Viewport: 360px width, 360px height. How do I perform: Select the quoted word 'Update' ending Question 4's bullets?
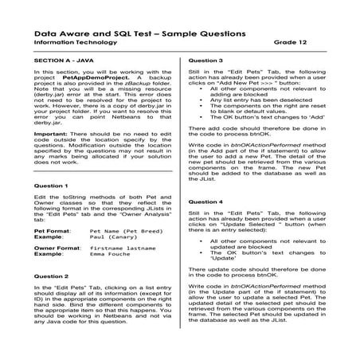click(223, 259)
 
